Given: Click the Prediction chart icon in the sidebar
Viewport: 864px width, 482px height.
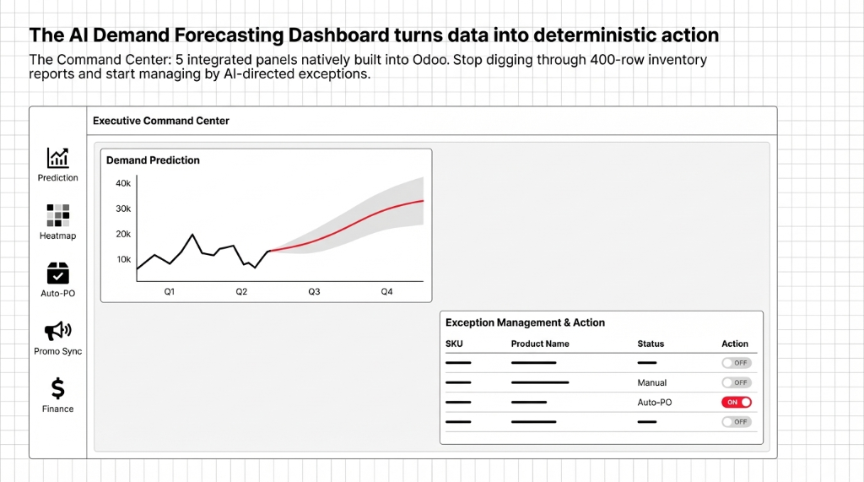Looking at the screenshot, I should click(x=58, y=158).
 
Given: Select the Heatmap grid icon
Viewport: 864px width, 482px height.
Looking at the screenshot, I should click(x=58, y=215).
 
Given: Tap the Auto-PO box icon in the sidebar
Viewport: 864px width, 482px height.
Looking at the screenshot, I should click(x=58, y=273).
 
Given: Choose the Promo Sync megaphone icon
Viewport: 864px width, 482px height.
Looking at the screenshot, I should click(x=58, y=331).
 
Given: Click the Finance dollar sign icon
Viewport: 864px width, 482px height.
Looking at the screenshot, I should click(x=58, y=388).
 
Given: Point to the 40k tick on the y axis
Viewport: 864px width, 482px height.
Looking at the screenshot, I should click(x=123, y=183).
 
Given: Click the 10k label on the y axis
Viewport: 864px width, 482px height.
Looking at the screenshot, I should click(x=123, y=259).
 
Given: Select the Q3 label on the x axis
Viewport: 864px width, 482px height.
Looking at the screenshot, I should click(x=314, y=291).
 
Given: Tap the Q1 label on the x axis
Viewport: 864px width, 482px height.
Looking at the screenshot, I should click(x=169, y=291).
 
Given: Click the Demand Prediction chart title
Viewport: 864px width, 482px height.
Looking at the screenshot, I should click(x=153, y=160).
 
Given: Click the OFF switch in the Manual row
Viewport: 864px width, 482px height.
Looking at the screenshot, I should click(x=737, y=382).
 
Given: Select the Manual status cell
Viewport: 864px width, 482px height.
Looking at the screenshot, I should click(x=652, y=382).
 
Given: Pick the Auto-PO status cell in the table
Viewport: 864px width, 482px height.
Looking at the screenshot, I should click(x=654, y=402).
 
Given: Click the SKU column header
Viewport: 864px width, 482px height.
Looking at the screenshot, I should click(x=454, y=344).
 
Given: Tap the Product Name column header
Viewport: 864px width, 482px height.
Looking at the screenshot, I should click(x=540, y=344).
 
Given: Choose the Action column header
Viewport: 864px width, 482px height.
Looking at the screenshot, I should click(x=735, y=344).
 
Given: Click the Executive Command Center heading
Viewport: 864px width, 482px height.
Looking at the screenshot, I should click(x=161, y=121).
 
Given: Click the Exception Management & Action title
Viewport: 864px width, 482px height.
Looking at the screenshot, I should click(x=525, y=322).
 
